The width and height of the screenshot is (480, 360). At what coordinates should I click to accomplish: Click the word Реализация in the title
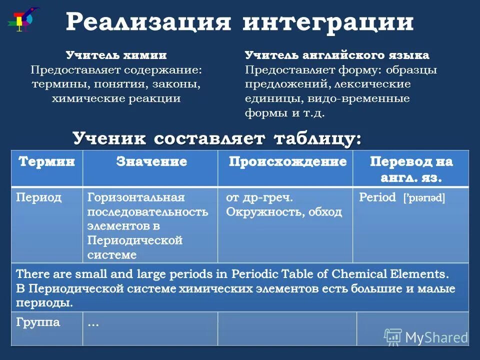148,22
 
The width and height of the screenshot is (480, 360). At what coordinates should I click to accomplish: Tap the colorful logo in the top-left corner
21,19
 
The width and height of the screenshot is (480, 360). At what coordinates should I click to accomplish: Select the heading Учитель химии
116,55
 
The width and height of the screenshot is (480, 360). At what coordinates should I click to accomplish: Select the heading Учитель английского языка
336,55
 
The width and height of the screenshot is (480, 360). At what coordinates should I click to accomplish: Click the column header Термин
46,162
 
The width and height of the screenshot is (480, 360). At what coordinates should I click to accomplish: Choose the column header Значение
151,162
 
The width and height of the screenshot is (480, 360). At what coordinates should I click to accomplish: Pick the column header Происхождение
287,162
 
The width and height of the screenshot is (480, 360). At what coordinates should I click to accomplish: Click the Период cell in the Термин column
38,197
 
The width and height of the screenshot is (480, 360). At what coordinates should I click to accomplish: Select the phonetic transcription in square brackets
424,198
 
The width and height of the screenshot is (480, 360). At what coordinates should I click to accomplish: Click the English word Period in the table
377,197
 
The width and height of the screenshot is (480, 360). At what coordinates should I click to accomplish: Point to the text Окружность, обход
284,212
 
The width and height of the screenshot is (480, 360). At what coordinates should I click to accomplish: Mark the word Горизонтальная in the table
135,197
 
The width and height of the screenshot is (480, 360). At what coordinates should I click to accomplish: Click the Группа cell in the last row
38,322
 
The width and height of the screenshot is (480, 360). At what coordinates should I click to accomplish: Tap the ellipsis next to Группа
93,323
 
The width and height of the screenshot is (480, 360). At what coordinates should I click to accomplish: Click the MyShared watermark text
436,337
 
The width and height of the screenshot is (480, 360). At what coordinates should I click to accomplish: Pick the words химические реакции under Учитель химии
116,98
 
